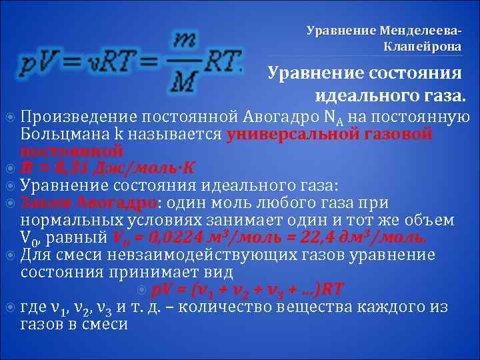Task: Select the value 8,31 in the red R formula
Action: click(62, 167)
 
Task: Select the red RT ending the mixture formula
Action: click(331, 289)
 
